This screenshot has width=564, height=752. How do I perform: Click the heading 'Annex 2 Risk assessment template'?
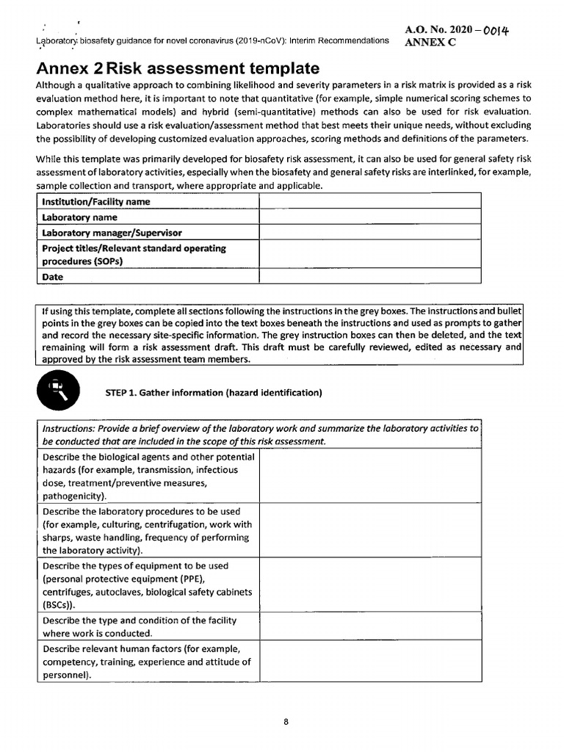click(177, 68)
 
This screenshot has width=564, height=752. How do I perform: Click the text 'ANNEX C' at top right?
click(431, 42)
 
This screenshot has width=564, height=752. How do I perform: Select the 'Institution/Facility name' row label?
click(96, 201)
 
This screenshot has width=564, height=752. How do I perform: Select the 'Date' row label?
click(53, 277)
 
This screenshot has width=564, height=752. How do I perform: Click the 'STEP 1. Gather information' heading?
click(214, 392)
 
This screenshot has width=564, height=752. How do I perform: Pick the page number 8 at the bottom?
click(286, 722)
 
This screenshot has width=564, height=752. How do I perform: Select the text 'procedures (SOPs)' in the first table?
click(83, 261)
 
